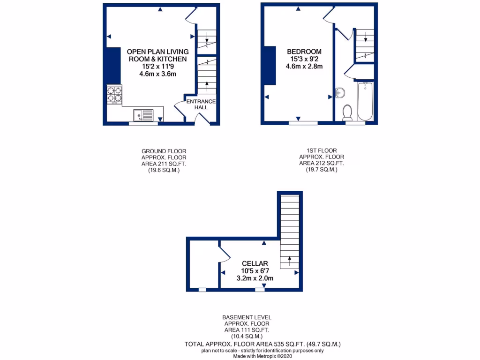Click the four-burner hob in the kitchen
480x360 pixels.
click(x=114, y=95)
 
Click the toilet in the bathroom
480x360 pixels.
click(x=347, y=112)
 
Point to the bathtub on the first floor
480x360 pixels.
click(x=365, y=101)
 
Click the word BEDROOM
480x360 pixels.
click(x=304, y=52)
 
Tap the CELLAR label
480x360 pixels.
click(x=255, y=263)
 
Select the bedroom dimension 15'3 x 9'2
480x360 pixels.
click(x=304, y=59)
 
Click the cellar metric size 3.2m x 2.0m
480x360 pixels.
click(x=255, y=278)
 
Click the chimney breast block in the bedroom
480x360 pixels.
click(x=270, y=66)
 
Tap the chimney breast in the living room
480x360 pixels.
click(x=113, y=66)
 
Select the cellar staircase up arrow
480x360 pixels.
click(x=289, y=259)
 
